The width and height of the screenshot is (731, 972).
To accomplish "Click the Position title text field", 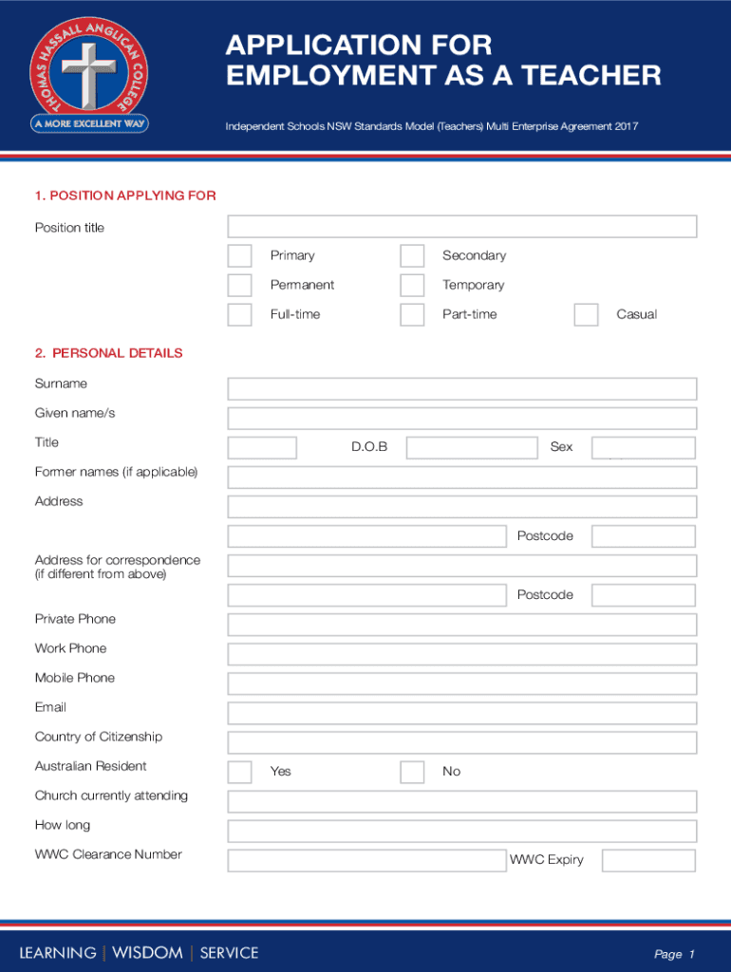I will [x=462, y=227].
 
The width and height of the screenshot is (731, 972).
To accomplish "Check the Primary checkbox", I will [x=240, y=256].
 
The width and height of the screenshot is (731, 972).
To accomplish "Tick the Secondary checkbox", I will [x=412, y=256].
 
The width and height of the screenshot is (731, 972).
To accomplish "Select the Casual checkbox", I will [x=587, y=315].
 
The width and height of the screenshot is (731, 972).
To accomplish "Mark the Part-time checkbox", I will [x=412, y=315].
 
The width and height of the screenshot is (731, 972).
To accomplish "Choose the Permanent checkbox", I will [x=240, y=286].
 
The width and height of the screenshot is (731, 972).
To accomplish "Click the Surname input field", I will [x=462, y=389].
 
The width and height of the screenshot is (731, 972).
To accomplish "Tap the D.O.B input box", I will [x=472, y=448].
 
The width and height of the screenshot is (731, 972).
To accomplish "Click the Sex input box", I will [x=644, y=448].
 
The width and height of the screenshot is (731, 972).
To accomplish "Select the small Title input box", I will [x=262, y=448].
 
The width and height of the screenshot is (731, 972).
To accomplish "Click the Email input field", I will [x=462, y=713].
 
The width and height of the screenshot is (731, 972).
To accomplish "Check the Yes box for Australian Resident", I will [x=240, y=772].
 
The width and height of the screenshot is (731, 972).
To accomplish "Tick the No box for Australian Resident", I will [x=412, y=772].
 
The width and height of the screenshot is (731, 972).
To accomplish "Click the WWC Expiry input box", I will [x=649, y=861].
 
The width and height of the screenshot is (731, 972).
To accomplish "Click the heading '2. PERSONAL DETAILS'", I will [x=108, y=353].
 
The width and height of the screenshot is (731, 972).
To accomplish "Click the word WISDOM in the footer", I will [x=147, y=953].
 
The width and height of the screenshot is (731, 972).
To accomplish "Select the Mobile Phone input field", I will [x=462, y=683].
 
